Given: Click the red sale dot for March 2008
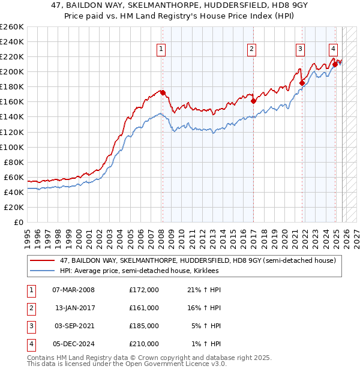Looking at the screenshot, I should click(x=163, y=92).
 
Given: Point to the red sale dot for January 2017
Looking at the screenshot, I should click(x=253, y=101).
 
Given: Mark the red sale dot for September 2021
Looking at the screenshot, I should click(x=301, y=83).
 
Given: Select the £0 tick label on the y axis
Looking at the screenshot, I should click(x=19, y=222).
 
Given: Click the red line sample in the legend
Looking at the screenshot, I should click(x=42, y=260).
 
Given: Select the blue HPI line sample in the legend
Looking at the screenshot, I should click(x=42, y=271).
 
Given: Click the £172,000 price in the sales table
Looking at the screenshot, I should click(x=144, y=290).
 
